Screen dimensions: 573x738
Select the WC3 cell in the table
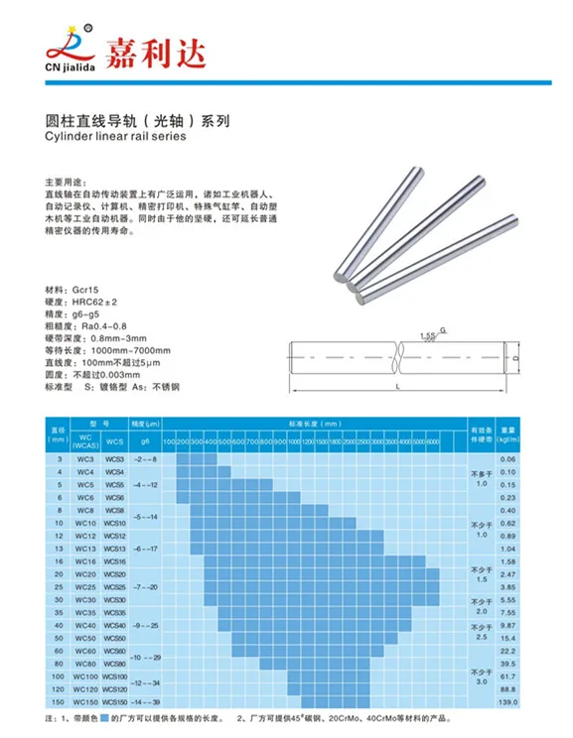click(85, 459)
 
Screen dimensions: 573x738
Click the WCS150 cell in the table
click(114, 701)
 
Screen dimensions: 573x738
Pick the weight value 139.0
click(508, 701)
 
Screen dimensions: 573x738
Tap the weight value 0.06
click(508, 459)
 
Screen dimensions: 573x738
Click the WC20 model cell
click(85, 573)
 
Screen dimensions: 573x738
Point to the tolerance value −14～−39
click(146, 701)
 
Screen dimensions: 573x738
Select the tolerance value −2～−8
click(146, 459)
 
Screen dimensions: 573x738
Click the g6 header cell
click(145, 439)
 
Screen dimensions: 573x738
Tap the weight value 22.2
click(508, 651)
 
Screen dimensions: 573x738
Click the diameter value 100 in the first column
click(59, 676)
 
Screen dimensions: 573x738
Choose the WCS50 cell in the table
click(114, 638)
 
